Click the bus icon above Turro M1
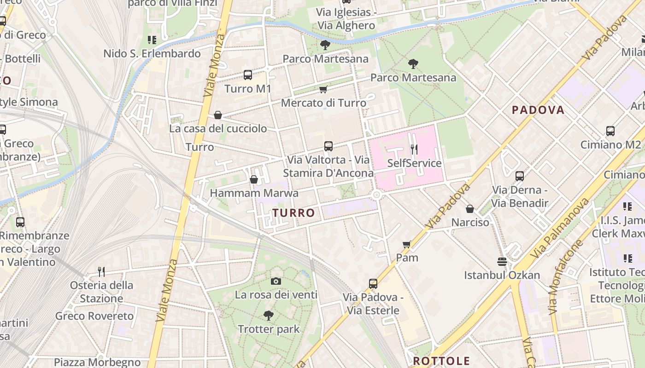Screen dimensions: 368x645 (248, 75)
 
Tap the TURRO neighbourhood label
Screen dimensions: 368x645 (293, 213)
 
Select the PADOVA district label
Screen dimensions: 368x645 (538, 110)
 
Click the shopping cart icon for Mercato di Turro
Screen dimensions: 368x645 (323, 89)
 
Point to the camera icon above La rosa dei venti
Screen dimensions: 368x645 (276, 281)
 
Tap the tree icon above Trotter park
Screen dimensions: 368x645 (269, 316)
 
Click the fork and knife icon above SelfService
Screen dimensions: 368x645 (414, 149)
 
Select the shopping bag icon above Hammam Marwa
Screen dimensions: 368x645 (254, 179)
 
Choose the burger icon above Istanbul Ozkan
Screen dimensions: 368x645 (502, 262)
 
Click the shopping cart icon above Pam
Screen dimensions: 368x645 (407, 244)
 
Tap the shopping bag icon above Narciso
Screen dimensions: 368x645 (470, 209)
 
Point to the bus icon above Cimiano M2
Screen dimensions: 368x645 (610, 131)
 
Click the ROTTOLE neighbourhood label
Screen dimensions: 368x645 (441, 361)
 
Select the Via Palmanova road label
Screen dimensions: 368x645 (559, 228)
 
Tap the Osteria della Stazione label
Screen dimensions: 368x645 (101, 292)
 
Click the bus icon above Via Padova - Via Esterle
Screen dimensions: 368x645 (373, 284)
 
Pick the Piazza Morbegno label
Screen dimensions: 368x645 (97, 362)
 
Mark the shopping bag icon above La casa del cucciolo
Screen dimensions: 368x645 (218, 115)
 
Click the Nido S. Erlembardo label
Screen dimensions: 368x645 (152, 54)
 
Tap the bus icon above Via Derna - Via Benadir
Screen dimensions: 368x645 (520, 176)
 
